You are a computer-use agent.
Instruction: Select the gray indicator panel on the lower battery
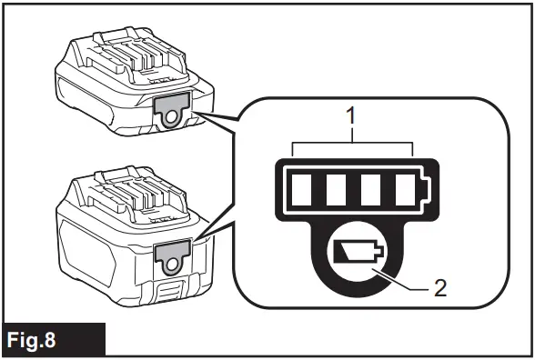coord(170,255)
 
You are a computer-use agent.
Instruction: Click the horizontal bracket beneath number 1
coord(351,144)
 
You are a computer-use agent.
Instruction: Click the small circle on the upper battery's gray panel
coord(171,116)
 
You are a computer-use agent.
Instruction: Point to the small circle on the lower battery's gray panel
coord(170,265)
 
